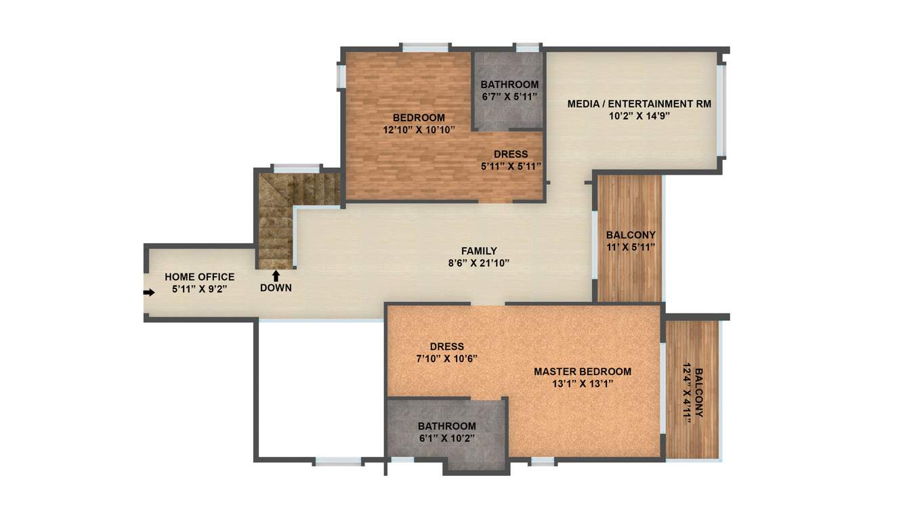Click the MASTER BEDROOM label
[x=582, y=372]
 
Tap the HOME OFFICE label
[x=200, y=277]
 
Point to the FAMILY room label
[x=479, y=251]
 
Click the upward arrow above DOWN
[x=276, y=275]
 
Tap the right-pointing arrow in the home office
[x=148, y=292]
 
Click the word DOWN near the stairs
[x=276, y=288]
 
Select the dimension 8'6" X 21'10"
[x=479, y=263]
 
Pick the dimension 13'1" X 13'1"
[x=582, y=384]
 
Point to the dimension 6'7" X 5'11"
[x=509, y=96]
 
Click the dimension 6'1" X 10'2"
[x=446, y=438]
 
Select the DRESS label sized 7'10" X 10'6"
[x=446, y=347]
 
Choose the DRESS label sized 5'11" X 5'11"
[x=511, y=154]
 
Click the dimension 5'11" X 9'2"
[x=200, y=290]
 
